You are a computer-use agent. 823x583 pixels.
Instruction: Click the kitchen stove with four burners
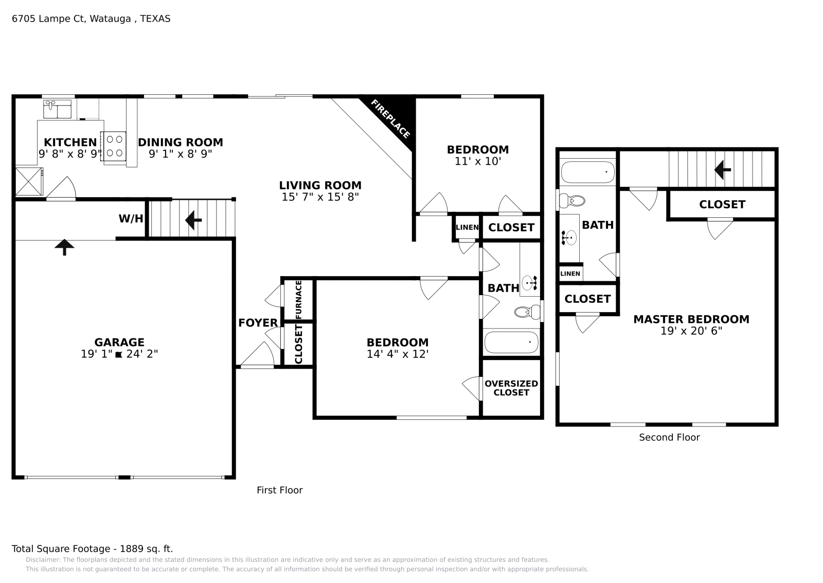coord(115,146)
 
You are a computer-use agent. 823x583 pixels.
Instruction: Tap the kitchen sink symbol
coord(57,109)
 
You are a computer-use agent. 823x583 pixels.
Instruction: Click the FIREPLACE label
coord(390,119)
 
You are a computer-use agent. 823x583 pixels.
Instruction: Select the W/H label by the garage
coord(131,218)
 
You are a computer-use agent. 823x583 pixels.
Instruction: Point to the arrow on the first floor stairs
coord(193,220)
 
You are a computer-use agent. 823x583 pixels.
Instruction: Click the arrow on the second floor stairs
coord(722,170)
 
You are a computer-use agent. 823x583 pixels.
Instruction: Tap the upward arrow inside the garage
coord(64,247)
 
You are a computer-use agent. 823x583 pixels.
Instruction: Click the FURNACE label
coord(298,299)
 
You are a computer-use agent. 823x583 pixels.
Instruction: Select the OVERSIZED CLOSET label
coord(511,388)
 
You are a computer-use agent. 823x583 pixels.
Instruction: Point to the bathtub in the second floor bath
coord(587,172)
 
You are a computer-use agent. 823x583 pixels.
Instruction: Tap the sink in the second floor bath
coord(569,237)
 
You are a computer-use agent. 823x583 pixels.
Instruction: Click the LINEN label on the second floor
coord(570,273)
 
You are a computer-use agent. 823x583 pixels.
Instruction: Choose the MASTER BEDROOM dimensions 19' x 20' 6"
coord(691,331)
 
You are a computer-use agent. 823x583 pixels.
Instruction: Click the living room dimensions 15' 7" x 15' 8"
coord(320,197)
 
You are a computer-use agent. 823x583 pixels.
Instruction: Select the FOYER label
coord(258,322)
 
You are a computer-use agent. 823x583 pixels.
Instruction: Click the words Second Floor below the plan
coord(669,437)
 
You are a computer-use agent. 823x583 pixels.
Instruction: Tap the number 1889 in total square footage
coord(132,549)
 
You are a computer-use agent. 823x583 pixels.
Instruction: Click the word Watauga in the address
coord(110,19)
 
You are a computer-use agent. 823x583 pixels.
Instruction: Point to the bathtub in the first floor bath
coord(511,342)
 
